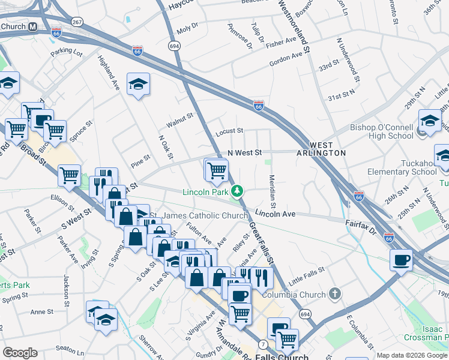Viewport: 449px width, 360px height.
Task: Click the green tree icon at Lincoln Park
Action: [238, 191]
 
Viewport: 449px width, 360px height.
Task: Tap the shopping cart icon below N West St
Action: [216, 170]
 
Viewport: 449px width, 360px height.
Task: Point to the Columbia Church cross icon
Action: [336, 294]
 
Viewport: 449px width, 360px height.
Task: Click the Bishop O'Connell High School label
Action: [382, 131]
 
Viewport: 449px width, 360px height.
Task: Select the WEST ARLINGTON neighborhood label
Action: [321, 149]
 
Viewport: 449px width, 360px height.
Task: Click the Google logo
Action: [19, 353]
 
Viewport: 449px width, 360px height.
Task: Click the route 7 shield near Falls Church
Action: [264, 344]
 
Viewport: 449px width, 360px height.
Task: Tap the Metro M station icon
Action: [32, 27]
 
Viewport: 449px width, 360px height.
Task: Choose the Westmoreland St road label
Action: [294, 25]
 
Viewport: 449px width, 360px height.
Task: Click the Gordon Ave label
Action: [286, 56]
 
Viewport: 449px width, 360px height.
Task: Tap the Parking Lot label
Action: [67, 53]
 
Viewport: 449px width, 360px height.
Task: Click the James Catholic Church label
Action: [205, 215]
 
